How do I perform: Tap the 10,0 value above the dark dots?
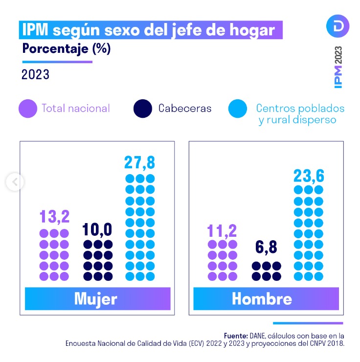pyautogui.click(x=98, y=229)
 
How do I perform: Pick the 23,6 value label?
pyautogui.click(x=309, y=175)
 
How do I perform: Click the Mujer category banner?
pyautogui.click(x=97, y=298)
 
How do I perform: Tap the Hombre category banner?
pyautogui.click(x=266, y=298)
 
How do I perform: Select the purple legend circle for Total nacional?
pyautogui.click(x=28, y=109)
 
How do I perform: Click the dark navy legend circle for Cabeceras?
pyautogui.click(x=143, y=109)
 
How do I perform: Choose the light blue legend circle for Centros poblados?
pyautogui.click(x=238, y=109)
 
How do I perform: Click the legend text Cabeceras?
pyautogui.click(x=185, y=109)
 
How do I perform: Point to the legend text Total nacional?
pyautogui.click(x=76, y=109)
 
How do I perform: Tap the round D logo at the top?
pyautogui.click(x=337, y=26)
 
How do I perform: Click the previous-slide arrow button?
pyautogui.click(x=15, y=182)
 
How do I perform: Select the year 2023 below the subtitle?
pyautogui.click(x=35, y=75)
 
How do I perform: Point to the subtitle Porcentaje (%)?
pyautogui.click(x=67, y=49)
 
